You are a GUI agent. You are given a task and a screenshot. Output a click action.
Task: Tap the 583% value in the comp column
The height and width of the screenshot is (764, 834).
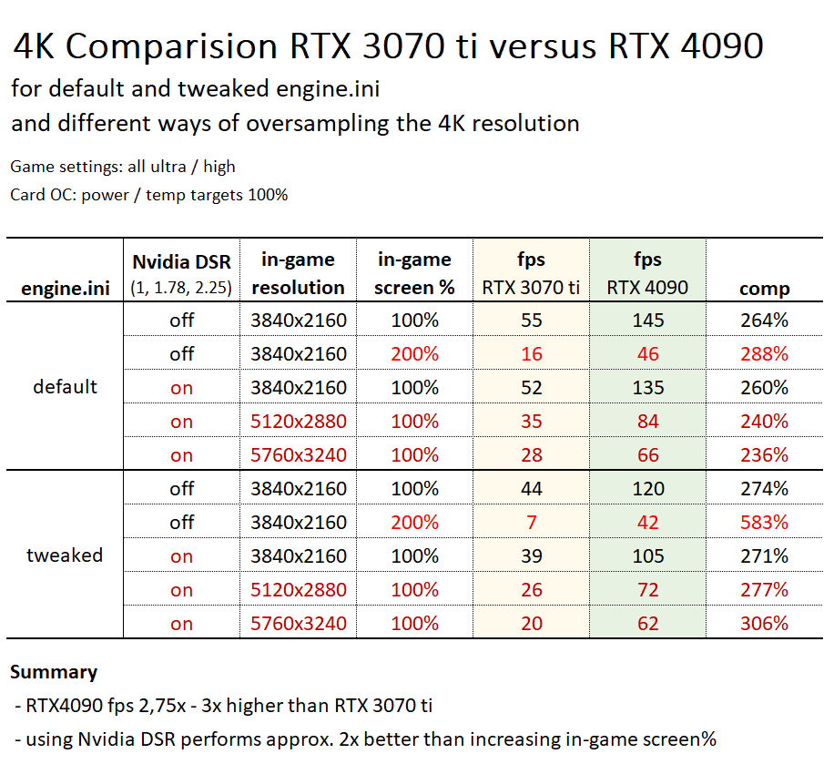click(764, 523)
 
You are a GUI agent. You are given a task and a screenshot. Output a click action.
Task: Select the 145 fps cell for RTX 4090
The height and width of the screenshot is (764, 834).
click(647, 321)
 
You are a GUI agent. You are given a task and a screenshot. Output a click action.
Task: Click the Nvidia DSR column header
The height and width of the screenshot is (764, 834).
click(181, 273)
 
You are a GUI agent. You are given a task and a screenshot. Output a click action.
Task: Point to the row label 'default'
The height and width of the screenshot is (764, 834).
click(65, 387)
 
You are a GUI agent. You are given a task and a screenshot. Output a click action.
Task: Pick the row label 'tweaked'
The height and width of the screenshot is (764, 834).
click(65, 555)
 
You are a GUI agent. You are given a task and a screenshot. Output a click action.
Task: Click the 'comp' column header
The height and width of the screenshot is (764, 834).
click(764, 289)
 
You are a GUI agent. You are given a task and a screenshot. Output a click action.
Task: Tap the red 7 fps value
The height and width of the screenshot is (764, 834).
click(531, 523)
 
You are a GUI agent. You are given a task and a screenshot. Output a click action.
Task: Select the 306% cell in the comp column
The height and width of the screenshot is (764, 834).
click(764, 624)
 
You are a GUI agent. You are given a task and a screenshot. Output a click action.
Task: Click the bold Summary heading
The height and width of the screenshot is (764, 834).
click(54, 673)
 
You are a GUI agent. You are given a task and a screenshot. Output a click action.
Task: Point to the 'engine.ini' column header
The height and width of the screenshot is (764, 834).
click(65, 289)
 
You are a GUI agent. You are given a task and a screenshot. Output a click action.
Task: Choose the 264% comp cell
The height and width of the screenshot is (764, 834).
click(764, 321)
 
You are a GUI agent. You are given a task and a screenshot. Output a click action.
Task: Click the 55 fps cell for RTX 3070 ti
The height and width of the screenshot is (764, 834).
click(531, 321)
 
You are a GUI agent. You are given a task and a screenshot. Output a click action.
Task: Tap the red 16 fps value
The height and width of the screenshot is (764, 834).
click(531, 354)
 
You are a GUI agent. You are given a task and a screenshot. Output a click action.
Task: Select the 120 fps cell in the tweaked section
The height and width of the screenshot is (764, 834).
click(647, 489)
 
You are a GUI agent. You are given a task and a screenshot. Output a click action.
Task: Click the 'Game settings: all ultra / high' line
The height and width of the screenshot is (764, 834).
click(123, 167)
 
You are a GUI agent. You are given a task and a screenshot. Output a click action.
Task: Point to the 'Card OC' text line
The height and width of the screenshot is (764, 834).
click(149, 195)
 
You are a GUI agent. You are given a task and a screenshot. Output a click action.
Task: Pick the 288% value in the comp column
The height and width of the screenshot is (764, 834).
click(764, 354)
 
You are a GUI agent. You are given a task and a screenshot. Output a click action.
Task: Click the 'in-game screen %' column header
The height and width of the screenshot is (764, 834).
click(414, 273)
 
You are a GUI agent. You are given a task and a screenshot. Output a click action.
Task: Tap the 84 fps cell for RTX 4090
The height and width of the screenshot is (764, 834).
click(647, 422)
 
